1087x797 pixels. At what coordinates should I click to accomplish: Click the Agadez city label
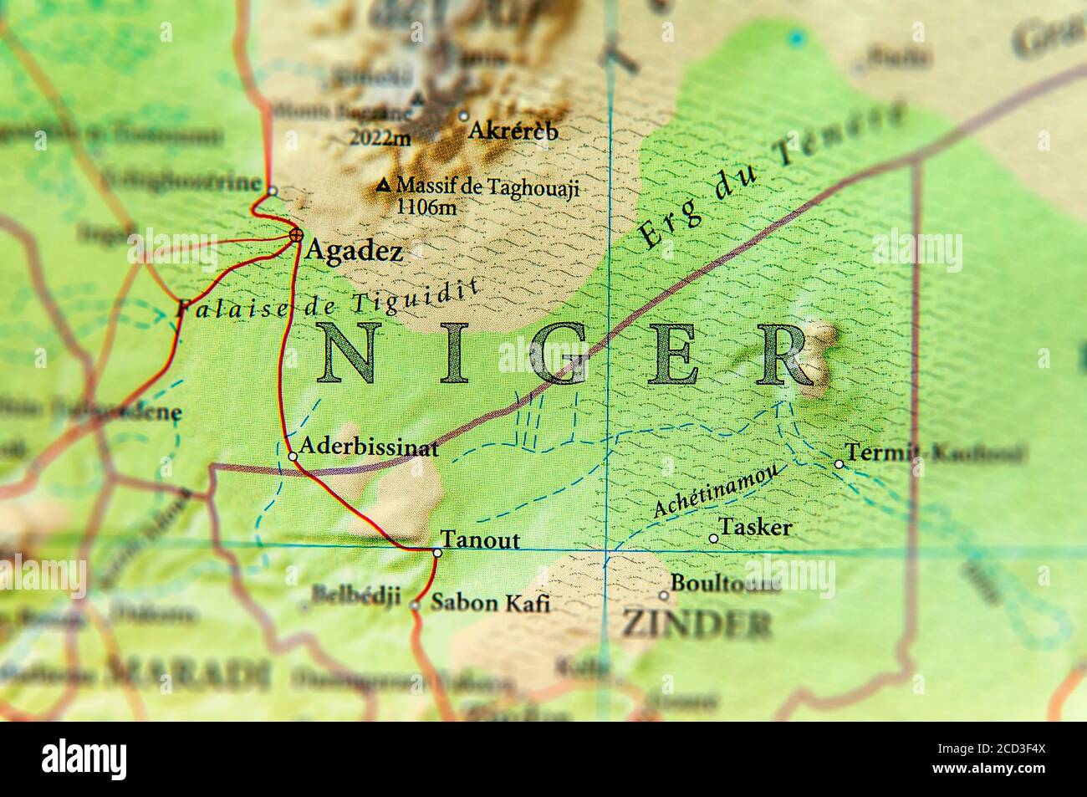354,250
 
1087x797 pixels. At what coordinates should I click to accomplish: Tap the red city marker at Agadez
295,236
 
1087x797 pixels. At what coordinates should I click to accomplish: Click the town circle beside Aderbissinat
293,457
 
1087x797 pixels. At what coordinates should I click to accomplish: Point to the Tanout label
480,539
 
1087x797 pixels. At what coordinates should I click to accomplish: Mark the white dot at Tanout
437,552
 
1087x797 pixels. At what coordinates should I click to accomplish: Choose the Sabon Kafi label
490,602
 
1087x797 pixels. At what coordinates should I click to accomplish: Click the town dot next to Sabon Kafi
416,605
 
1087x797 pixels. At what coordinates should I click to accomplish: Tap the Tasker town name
755,527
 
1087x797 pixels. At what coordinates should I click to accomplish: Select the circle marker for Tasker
713,539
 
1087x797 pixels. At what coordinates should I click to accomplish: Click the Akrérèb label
513,130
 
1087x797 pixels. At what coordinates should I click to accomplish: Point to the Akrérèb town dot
464,116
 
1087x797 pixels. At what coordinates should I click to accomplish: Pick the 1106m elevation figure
426,207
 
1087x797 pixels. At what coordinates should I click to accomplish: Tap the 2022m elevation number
380,138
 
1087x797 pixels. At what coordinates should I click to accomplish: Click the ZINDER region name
696,624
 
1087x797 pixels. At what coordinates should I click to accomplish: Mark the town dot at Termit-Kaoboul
839,464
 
